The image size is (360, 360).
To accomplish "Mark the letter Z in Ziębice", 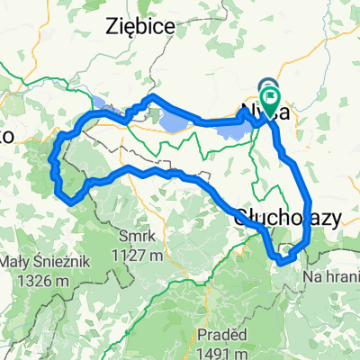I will coord(111,25).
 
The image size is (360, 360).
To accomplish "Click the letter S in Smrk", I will coord(121,237).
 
